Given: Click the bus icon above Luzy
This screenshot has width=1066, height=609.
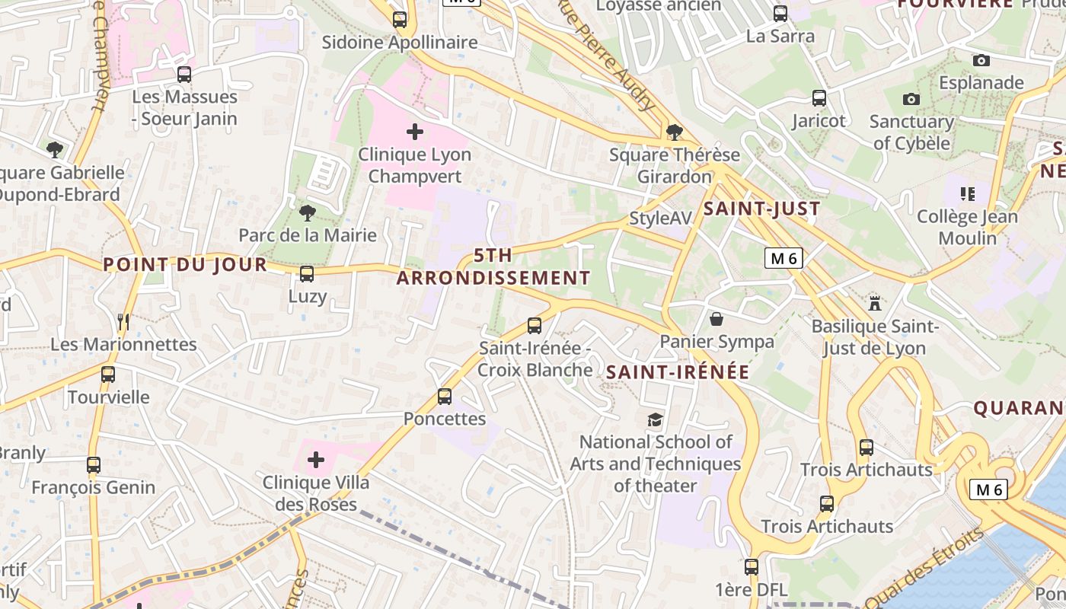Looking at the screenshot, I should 307,274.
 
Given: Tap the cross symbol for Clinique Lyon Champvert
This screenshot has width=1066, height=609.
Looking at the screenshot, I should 415,132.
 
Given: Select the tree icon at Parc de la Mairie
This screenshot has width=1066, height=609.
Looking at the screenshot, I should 308,212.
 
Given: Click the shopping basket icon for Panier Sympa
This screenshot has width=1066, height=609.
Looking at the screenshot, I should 717,318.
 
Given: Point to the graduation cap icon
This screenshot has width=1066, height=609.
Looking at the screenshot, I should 655,419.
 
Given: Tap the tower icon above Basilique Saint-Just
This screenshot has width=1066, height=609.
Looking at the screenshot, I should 875,303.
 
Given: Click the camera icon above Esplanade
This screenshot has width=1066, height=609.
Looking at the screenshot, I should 981,60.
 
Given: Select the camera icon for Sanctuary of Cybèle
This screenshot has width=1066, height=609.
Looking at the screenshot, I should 911,99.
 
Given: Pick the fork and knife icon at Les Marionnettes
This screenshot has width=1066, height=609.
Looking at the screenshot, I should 123,322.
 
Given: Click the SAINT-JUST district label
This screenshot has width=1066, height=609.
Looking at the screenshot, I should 762,209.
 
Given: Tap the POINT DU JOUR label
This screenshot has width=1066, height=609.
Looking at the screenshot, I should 185,264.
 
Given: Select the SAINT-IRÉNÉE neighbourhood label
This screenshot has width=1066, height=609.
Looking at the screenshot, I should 678,372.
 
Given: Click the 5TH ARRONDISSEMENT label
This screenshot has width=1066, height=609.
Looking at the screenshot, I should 493,266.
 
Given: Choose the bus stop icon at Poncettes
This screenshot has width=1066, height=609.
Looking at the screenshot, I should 445,397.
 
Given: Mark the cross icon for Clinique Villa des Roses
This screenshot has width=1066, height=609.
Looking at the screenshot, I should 316,460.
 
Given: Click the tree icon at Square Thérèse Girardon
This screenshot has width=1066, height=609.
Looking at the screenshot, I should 674,132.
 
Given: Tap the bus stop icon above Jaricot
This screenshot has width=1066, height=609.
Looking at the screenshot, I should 819,98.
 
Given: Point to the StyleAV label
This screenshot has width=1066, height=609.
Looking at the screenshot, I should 660,218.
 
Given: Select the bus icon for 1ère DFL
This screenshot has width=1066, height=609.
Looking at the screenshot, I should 752,567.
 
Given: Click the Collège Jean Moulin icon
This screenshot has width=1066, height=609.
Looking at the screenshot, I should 968,194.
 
